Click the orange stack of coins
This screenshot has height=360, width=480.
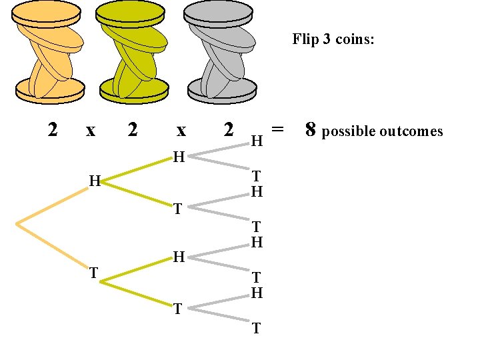coord(51,52)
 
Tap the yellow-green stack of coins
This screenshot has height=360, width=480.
coord(133,52)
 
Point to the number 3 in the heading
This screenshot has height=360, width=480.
coord(327,39)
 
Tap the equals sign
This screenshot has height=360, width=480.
coord(278,127)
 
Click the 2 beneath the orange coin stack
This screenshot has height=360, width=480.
coord(53,129)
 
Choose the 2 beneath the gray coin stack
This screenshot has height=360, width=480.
coord(229,129)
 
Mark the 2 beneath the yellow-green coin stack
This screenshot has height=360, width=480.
coord(133,129)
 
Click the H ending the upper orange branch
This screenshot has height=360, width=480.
coord(95,181)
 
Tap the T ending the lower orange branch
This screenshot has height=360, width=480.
coord(94,273)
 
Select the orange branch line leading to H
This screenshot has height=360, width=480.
coord(53,206)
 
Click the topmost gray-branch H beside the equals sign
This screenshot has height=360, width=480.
coord(257,141)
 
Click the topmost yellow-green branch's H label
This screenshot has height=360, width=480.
coord(179,157)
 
